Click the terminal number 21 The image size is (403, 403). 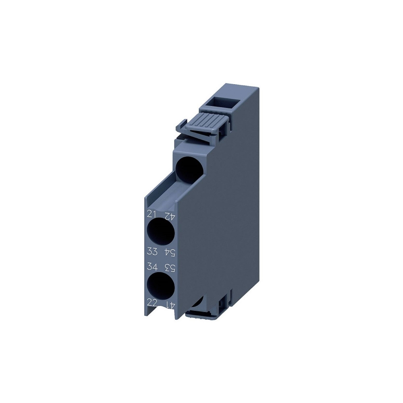click(x=152, y=214)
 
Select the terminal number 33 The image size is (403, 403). click(x=152, y=251)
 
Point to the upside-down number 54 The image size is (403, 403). click(x=170, y=253)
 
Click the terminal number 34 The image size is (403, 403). click(x=152, y=266)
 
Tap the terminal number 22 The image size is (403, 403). click(x=152, y=303)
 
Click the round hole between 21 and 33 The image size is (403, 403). click(x=161, y=233)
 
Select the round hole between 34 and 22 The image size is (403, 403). click(x=161, y=286)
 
